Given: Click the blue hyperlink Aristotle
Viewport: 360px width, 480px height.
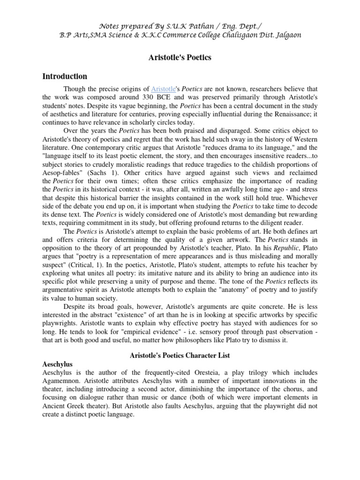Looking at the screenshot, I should pos(162,89).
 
